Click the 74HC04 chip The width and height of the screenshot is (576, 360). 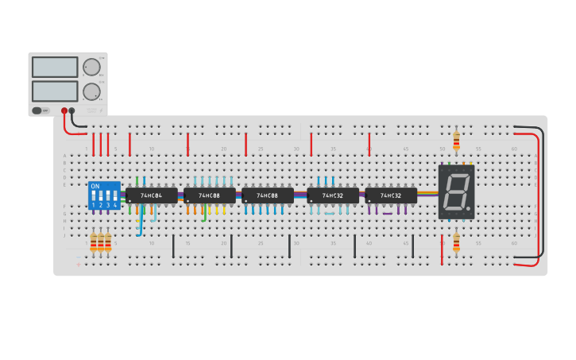151,195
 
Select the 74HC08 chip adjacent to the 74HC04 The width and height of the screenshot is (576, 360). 209,195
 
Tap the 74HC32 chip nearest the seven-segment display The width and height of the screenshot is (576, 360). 391,195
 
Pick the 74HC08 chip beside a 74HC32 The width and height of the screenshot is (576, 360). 267,195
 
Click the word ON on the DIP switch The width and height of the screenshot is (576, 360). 95,186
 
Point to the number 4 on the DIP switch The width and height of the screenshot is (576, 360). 115,205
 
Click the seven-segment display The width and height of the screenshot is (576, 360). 456,192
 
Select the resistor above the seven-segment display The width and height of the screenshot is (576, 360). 456,141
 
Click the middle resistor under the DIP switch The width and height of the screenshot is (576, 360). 101,242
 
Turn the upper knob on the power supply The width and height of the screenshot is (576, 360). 92,67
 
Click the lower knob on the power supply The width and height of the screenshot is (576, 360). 92,91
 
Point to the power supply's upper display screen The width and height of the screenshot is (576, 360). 55,67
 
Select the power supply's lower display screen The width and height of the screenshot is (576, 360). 55,91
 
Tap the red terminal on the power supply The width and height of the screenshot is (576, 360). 64,110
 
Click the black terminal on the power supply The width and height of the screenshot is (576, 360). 72,110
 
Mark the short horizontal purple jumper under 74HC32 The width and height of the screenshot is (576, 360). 388,213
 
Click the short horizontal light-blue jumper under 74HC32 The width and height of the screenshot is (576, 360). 329,214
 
